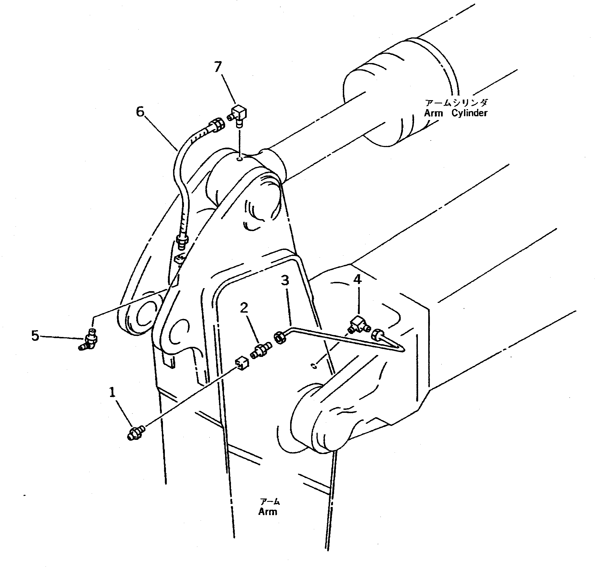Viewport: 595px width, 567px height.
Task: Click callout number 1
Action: (112, 393)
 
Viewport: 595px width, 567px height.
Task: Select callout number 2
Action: (244, 308)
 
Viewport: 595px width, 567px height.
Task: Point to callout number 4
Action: (357, 280)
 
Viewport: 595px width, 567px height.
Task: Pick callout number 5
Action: (35, 336)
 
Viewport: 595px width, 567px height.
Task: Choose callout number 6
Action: (140, 112)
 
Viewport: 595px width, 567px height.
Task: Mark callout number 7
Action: (218, 67)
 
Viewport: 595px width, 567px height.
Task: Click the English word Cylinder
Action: (469, 113)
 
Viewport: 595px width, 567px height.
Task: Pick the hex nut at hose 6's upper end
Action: (218, 126)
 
